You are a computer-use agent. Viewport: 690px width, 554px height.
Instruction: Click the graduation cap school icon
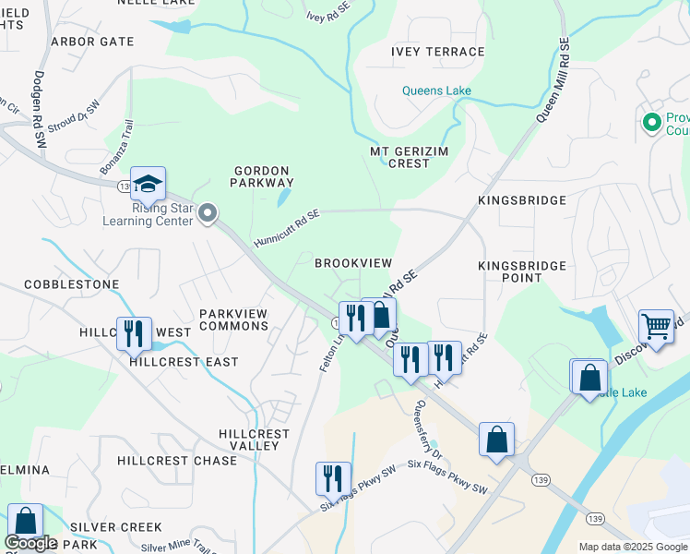[148, 185]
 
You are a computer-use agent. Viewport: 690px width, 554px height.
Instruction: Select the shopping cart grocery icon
[656, 326]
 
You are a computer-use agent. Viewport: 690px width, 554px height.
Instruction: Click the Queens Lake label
[436, 90]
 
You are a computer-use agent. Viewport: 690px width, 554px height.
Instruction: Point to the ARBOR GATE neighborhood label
[92, 42]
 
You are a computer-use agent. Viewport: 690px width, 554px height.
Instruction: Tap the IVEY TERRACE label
[437, 52]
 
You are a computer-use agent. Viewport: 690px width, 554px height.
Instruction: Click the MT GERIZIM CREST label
[399, 157]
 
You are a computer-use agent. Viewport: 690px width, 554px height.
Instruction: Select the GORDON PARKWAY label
[263, 176]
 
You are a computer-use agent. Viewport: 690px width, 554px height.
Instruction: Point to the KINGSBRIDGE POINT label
[521, 271]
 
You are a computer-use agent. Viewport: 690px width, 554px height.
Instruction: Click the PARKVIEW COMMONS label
[233, 319]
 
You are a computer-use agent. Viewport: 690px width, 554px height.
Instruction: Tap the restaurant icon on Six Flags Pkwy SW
[333, 478]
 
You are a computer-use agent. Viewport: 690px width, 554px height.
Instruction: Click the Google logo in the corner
[30, 543]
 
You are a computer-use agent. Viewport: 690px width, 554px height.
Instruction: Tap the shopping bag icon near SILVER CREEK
[25, 522]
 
